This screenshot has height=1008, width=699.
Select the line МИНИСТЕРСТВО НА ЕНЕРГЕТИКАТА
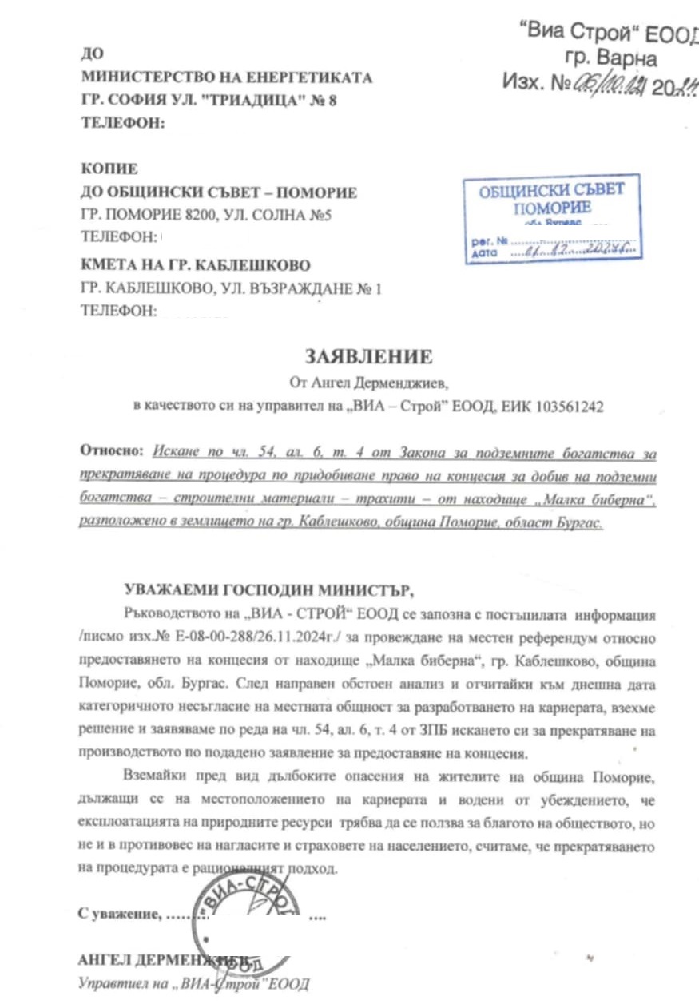pos(226,77)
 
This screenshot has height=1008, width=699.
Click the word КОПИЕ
pos(109,169)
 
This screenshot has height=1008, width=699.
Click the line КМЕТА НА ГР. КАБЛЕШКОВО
pos(196,264)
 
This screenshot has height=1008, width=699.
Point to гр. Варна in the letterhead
pos(610,58)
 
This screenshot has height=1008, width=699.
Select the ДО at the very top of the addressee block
pos(93,54)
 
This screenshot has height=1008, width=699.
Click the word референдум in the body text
pos(498,638)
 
